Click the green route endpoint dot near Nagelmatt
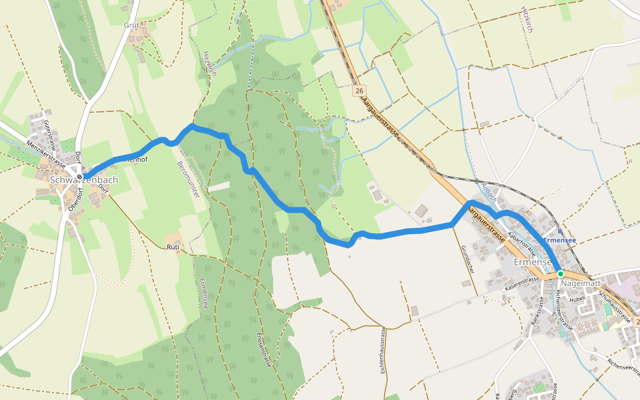(561, 274)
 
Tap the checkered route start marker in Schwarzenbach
(79, 177)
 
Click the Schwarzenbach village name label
(84, 180)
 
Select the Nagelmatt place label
(581, 283)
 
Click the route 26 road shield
(359, 90)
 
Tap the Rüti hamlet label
(173, 247)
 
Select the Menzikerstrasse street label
(46, 152)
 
